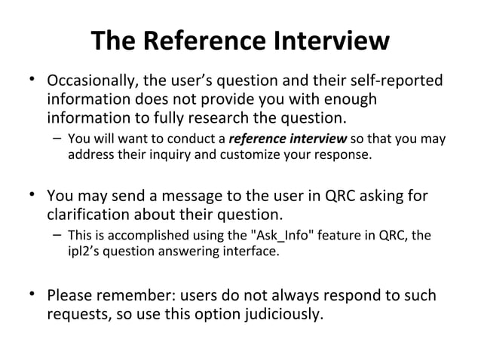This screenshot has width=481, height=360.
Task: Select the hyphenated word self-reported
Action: [400, 81]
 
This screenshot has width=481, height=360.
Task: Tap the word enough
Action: [348, 99]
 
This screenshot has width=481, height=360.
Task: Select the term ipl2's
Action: [82, 252]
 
